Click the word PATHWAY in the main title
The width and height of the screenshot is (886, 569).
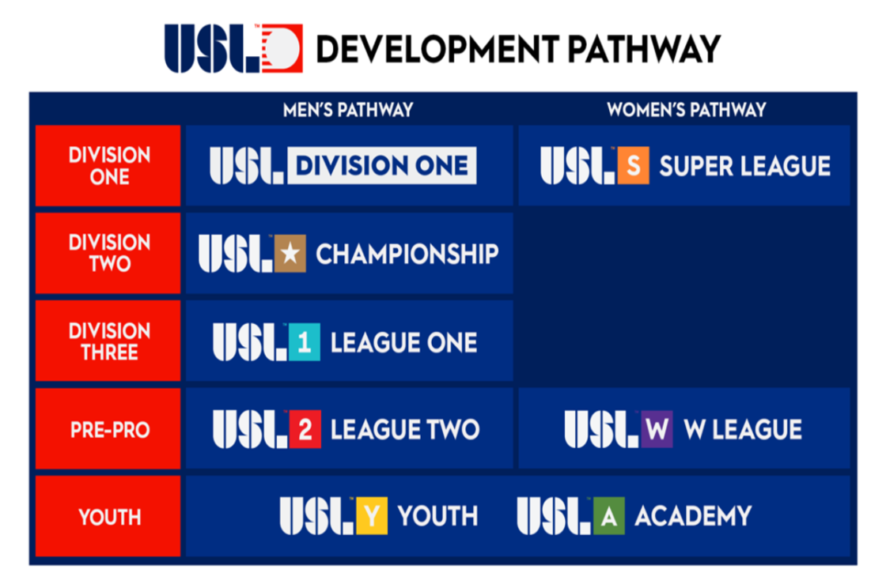coord(644,49)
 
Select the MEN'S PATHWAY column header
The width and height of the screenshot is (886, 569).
coord(348,110)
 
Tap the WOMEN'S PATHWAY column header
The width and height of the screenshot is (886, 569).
coord(687,110)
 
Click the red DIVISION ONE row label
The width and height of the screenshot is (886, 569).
coord(108,165)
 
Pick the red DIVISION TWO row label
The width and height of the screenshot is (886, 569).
coord(108,253)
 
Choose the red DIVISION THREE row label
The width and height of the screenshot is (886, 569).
coord(108,341)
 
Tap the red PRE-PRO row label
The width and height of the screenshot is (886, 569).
coord(108,428)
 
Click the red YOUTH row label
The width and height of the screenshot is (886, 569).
coord(108,516)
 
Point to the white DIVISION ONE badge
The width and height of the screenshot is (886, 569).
coord(382,165)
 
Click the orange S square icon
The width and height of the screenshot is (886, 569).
coord(634,165)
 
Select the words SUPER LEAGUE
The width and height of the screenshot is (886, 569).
coord(744,166)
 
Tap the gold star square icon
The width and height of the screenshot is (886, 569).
coord(290,254)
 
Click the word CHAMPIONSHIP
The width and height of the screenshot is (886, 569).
coord(407,254)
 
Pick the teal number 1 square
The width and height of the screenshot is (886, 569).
coord(305,341)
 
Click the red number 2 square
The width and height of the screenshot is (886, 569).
coord(305,429)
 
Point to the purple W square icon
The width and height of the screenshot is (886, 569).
coord(657,429)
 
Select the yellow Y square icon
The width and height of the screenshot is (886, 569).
coord(372,515)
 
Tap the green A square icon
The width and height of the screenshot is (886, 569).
coord(609,515)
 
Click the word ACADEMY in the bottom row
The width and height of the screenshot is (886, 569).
coord(693,516)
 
